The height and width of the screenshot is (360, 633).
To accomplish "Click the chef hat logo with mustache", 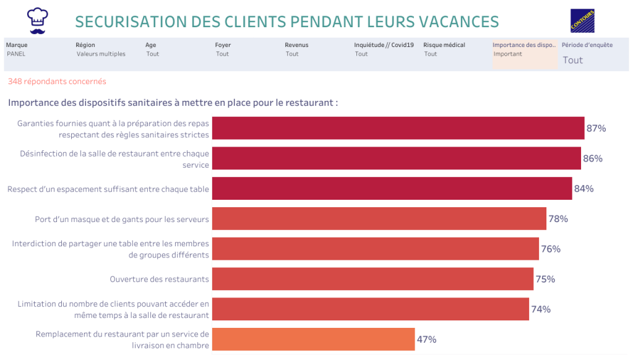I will click(x=38, y=20).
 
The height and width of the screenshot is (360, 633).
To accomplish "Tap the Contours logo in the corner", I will click(x=582, y=20).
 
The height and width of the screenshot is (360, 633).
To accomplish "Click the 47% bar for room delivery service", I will click(x=313, y=340).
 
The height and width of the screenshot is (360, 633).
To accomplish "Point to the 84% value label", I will click(x=583, y=189).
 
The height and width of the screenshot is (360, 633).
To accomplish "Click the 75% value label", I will click(x=545, y=279).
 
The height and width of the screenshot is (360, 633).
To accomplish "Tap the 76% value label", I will click(x=551, y=249).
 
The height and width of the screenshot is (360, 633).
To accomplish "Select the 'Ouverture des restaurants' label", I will click(x=159, y=279).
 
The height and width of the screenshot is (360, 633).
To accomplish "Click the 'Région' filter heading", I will click(x=85, y=45).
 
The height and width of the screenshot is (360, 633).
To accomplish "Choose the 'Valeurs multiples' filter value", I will click(x=101, y=54).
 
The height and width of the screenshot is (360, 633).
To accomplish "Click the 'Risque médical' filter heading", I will click(x=444, y=45).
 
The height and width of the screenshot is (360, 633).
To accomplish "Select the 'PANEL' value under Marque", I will click(x=16, y=54).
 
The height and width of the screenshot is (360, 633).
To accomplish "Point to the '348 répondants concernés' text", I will click(x=57, y=81).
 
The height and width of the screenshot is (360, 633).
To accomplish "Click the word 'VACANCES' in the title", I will click(x=459, y=22).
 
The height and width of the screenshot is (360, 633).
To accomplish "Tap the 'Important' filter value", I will click(x=507, y=54).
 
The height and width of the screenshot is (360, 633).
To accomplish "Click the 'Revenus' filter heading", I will click(x=296, y=45).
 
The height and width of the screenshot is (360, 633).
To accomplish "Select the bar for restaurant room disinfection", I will click(x=396, y=158).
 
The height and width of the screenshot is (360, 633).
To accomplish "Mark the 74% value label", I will click(x=541, y=309).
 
